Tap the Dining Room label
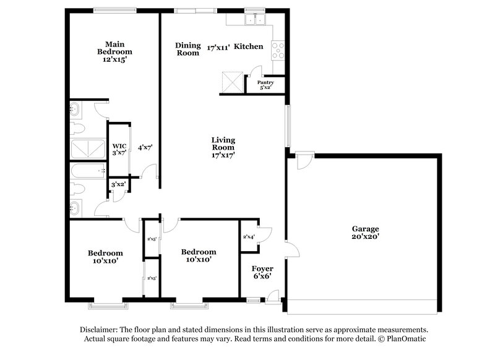point(187,49)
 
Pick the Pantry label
point(265,82)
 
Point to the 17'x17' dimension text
point(223,155)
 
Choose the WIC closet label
point(119,146)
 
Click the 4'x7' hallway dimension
point(145,147)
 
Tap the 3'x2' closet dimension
point(118,184)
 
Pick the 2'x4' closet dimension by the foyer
point(249,237)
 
